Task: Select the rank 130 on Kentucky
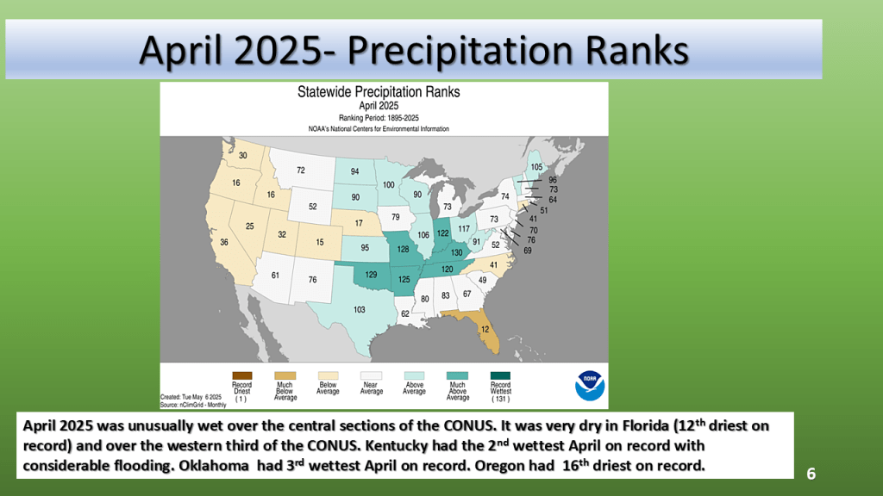(x=456, y=252)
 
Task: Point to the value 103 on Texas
(x=360, y=309)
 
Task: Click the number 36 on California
(x=224, y=243)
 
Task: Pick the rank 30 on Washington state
(x=242, y=156)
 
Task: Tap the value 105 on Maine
(x=536, y=167)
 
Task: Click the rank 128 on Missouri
(x=402, y=249)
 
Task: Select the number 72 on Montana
(x=301, y=171)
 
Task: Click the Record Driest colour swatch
(x=241, y=375)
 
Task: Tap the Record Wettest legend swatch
(x=500, y=375)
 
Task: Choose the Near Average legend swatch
(x=371, y=375)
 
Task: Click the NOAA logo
(x=590, y=384)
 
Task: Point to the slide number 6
(x=811, y=474)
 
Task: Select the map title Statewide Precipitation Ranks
(x=379, y=91)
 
